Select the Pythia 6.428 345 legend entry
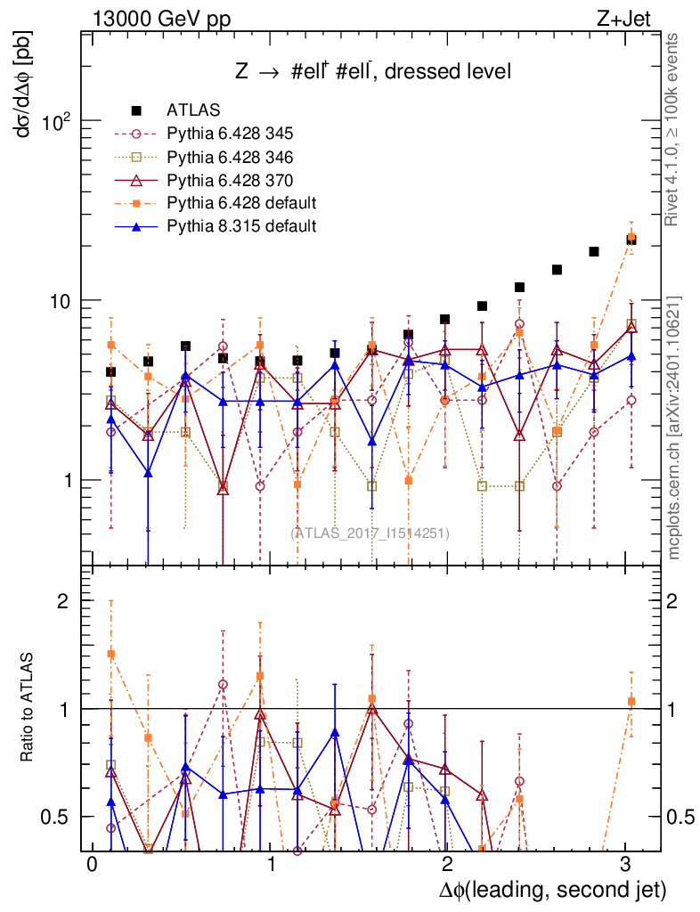coord(230,134)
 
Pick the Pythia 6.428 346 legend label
coord(230,157)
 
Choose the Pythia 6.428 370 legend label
coord(230,179)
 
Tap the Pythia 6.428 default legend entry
coord(241,202)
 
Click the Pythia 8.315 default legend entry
coord(241,225)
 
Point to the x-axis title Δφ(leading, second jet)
coord(552,890)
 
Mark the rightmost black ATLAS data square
coord(631,240)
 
